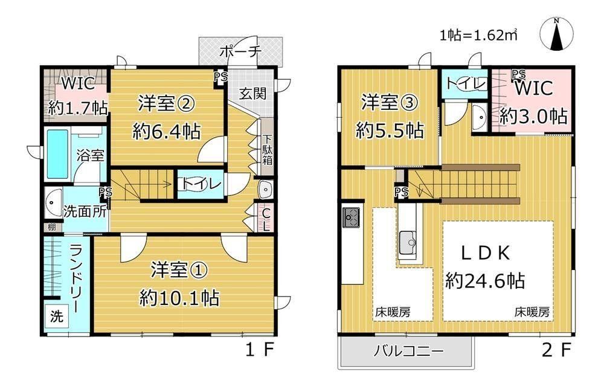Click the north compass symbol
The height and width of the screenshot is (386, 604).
coord(556,34)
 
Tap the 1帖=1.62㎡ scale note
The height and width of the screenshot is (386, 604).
coord(478,35)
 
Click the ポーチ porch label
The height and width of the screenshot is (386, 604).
coord(240,51)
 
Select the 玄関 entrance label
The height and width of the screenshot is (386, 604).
coord(252,93)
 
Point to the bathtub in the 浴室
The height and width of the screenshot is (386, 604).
coord(57,154)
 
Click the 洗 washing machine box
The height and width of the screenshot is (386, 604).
coord(57,317)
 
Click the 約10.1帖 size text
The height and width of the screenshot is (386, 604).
coord(179,298)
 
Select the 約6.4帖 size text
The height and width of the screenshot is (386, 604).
coord(167,132)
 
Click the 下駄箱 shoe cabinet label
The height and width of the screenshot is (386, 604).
coord(267,149)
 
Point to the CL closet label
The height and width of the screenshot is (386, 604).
coord(265,219)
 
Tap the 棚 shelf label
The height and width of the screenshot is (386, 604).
coord(52,227)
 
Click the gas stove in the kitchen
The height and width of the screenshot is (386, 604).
coord(351,217)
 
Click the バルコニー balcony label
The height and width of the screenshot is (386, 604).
coord(408,351)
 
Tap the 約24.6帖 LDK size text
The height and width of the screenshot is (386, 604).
coord(485,280)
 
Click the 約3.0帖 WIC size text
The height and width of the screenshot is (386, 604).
coord(533,116)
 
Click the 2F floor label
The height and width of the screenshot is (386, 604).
coord(556,350)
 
